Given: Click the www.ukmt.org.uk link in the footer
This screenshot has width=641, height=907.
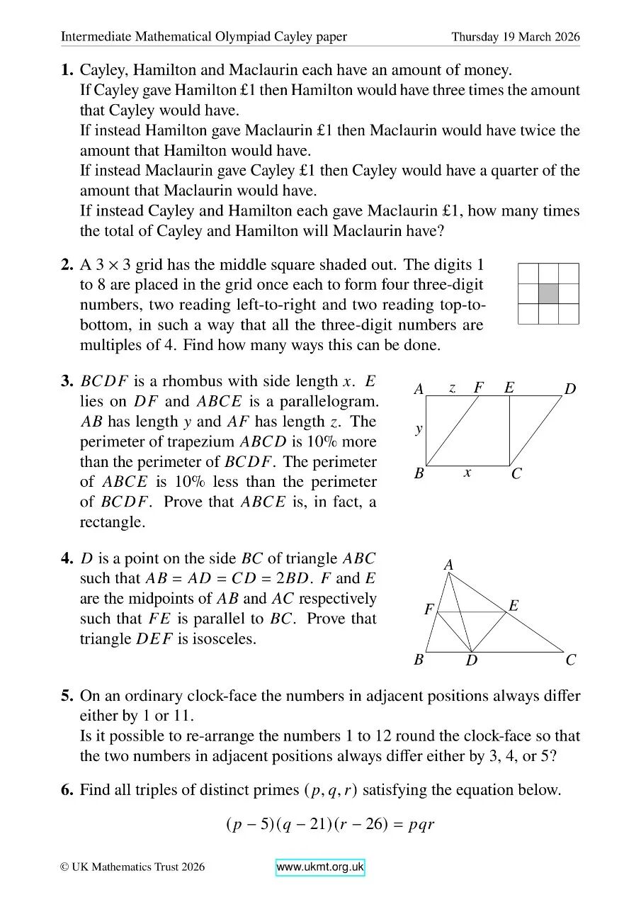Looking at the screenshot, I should (x=320, y=867).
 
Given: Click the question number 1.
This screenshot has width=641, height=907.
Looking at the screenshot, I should (x=67, y=70).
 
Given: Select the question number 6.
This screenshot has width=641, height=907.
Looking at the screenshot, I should (x=67, y=789).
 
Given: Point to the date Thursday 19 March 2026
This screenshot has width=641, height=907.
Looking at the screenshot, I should (x=516, y=37).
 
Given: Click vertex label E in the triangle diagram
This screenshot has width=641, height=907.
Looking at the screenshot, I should (x=514, y=606).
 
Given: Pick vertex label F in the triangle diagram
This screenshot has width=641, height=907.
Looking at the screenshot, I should (x=429, y=609).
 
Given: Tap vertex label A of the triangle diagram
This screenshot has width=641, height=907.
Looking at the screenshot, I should (x=448, y=565).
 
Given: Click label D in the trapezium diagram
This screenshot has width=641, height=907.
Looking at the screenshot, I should (x=570, y=389).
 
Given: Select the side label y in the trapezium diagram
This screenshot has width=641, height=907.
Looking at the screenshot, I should (x=419, y=429).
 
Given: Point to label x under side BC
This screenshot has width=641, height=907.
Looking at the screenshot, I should (x=467, y=472).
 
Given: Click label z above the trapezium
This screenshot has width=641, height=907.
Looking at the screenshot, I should (x=452, y=388).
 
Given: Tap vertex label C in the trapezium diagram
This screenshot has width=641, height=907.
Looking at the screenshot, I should (x=516, y=474).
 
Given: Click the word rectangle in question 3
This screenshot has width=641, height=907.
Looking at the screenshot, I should (x=110, y=522).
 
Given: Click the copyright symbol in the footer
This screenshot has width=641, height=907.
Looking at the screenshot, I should (x=64, y=867).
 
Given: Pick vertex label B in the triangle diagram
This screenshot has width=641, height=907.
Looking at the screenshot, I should (x=419, y=660).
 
